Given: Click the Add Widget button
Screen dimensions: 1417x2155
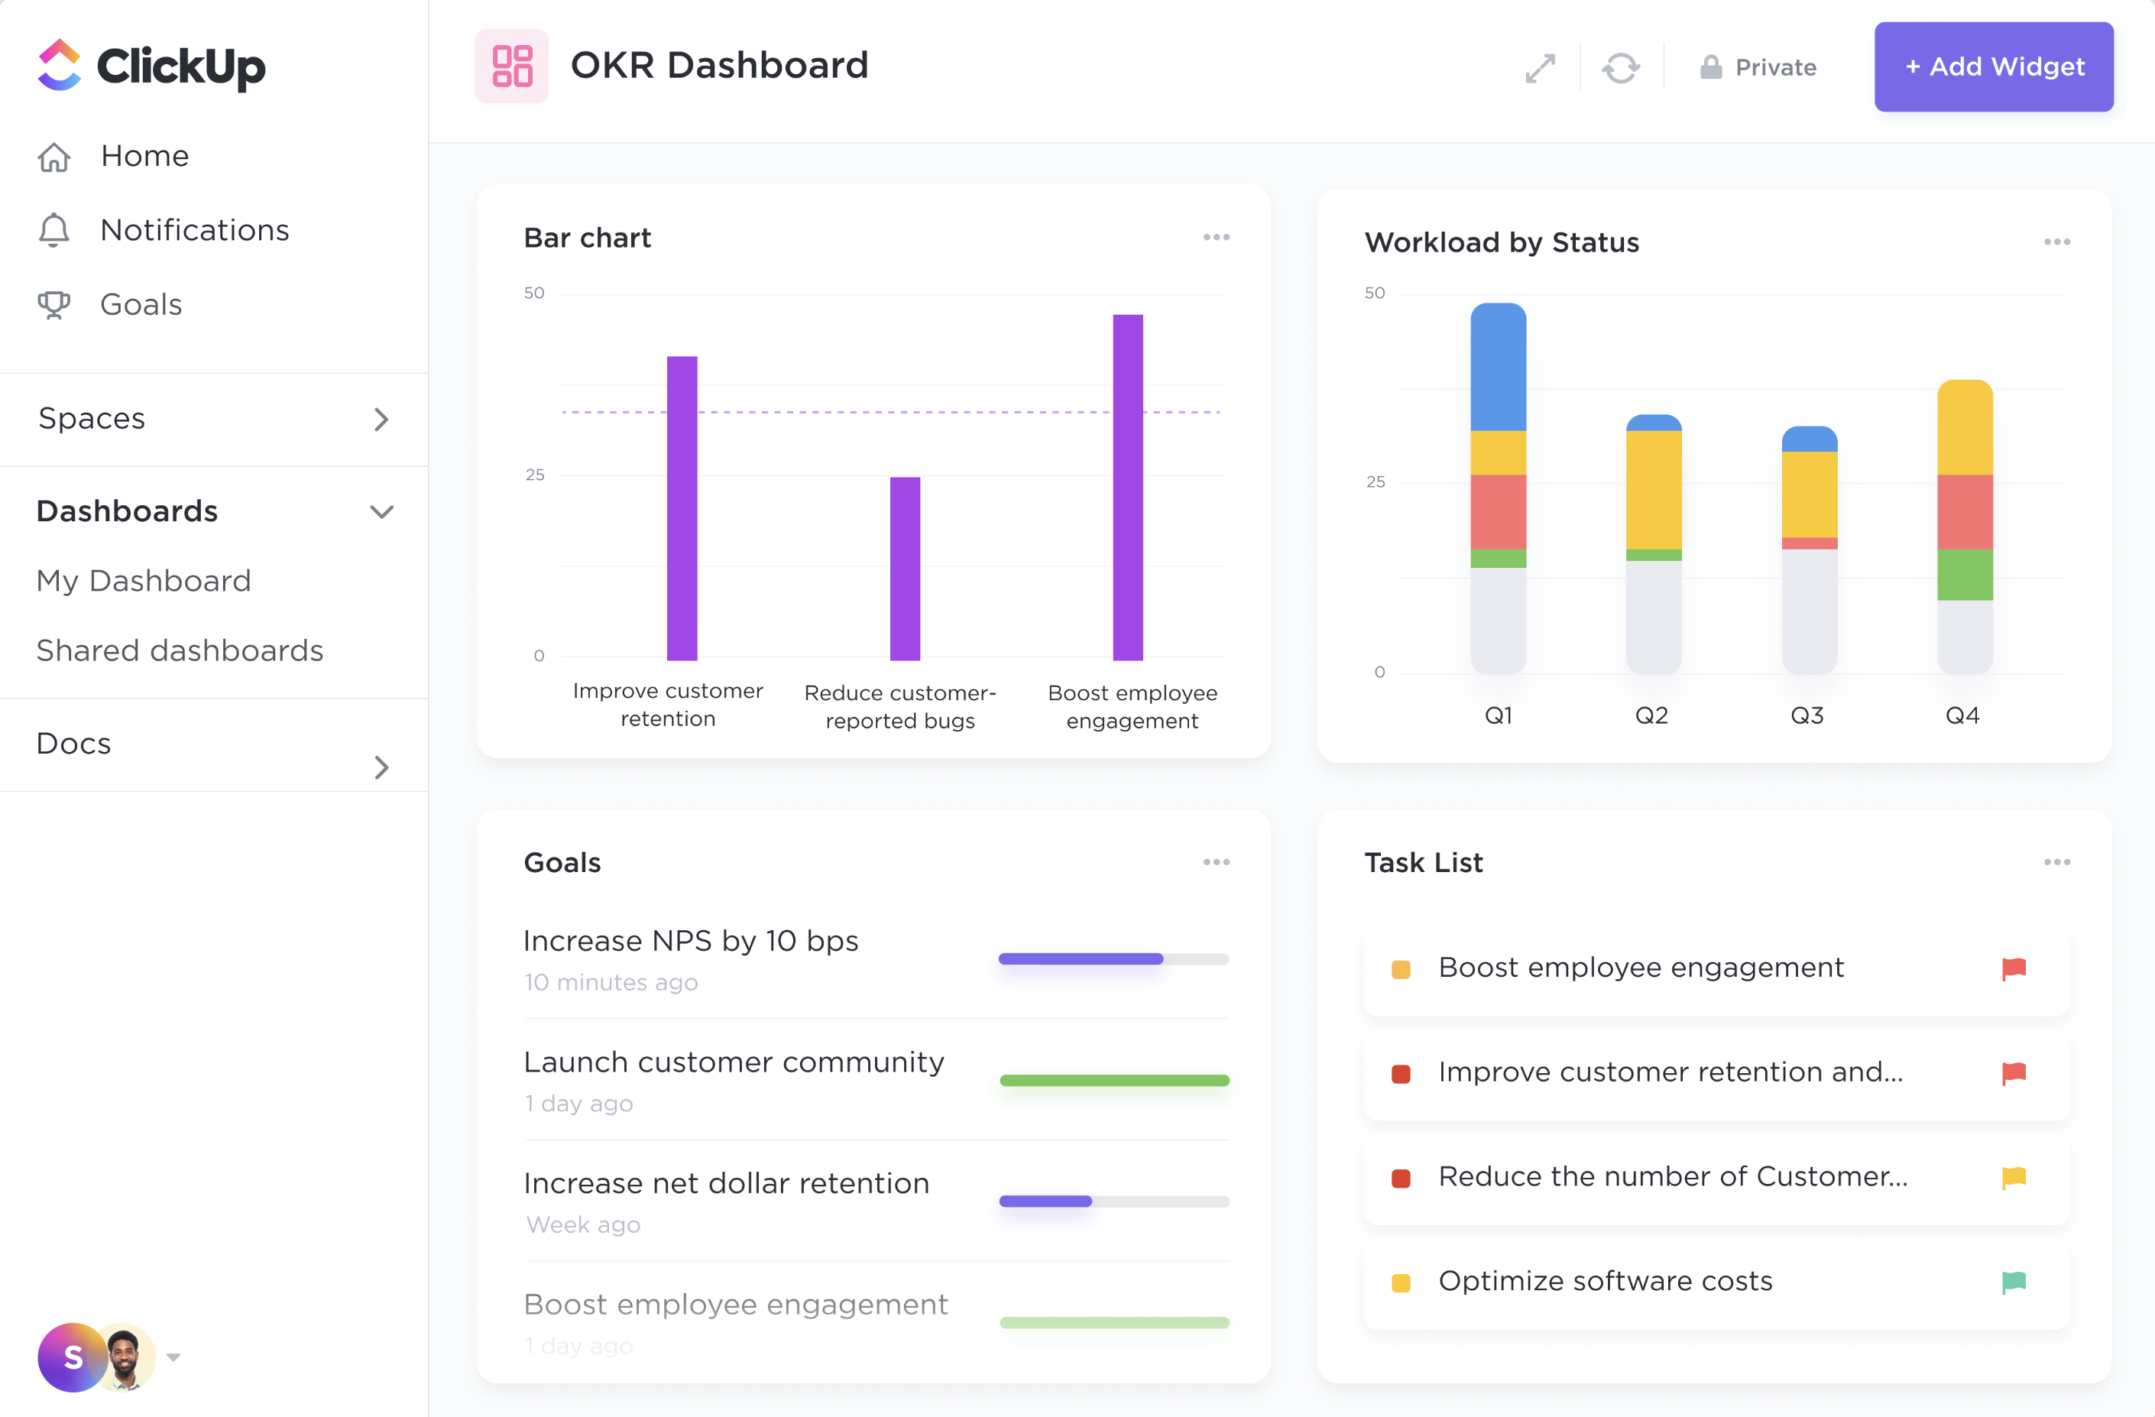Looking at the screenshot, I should point(1993,67).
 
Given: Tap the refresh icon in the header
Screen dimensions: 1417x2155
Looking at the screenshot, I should point(1620,68).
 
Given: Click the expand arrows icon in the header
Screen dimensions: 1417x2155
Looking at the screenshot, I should point(1539,68).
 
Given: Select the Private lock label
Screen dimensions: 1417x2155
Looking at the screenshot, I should point(1758,68).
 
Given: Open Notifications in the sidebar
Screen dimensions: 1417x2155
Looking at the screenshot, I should point(194,230).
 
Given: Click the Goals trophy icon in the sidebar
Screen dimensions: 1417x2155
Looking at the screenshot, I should point(53,304).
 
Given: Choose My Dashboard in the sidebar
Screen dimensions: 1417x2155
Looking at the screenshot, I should point(143,580).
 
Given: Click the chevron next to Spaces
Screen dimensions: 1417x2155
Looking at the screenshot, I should point(381,419).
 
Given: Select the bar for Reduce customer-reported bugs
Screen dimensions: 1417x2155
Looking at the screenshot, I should point(905,568).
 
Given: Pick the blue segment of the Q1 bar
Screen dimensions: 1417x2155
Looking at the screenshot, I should point(1498,367).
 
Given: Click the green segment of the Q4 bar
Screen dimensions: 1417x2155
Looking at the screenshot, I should point(1964,574).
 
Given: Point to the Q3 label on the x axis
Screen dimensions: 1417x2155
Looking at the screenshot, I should point(1807,715).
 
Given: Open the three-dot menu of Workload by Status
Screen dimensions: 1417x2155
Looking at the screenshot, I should point(2056,242).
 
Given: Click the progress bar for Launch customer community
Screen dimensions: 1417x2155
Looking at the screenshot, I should point(1113,1080).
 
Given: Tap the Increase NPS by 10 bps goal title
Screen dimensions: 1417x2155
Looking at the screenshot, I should point(691,941).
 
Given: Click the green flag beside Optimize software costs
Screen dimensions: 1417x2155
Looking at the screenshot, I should point(2013,1281).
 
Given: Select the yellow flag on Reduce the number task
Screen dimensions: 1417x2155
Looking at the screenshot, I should point(2013,1177).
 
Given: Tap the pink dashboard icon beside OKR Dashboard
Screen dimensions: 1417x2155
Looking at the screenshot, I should point(511,66).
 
